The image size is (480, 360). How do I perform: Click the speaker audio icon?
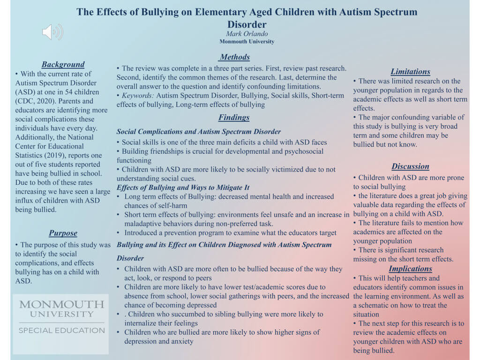(52, 32)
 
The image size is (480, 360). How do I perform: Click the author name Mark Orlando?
(247, 34)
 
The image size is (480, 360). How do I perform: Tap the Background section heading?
(63, 64)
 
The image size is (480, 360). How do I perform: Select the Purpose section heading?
(63, 233)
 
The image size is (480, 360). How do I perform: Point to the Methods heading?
(234, 57)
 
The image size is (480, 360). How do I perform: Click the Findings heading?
(234, 117)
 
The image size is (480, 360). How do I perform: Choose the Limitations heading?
(410, 71)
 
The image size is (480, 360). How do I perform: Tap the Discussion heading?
(410, 166)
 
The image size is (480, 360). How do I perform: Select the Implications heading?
(410, 269)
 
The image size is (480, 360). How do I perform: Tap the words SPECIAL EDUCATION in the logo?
(61, 330)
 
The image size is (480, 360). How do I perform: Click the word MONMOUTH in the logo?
(61, 305)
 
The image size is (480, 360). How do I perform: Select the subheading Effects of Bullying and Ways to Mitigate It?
(183, 187)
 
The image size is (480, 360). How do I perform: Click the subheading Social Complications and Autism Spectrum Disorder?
(199, 132)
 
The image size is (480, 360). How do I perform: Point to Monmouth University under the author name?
(247, 42)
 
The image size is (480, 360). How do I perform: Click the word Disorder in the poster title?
(247, 24)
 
